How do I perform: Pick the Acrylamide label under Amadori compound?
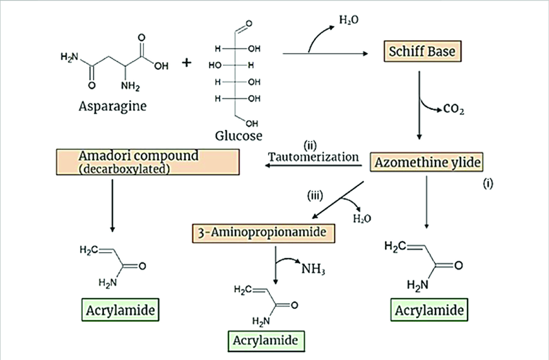120,310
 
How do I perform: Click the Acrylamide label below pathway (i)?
428,310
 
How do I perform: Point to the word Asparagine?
107,105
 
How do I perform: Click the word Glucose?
238,136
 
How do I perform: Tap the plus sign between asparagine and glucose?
187,63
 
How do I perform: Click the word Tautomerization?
313,157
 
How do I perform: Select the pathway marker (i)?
488,184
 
